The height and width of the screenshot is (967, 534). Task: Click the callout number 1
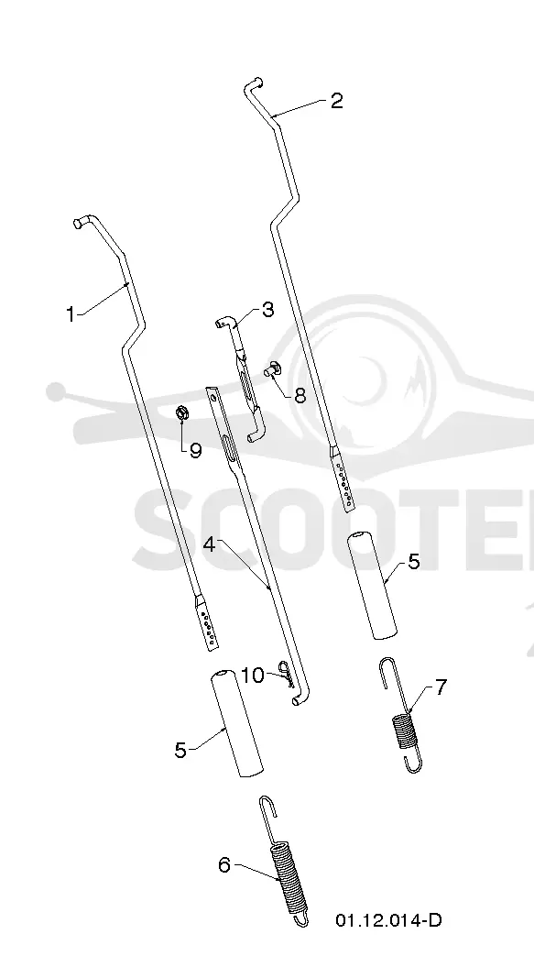(71, 314)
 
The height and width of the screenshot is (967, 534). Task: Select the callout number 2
(336, 101)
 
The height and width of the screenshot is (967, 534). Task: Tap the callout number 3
(267, 310)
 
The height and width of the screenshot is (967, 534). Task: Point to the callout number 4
(210, 545)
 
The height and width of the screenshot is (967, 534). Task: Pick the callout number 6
(224, 865)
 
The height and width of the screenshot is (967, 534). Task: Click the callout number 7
(441, 687)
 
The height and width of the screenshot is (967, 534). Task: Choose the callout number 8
(300, 395)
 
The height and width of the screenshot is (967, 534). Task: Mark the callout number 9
(195, 451)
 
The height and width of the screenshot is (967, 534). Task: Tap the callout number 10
(252, 676)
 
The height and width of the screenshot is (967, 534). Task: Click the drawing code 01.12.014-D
(388, 921)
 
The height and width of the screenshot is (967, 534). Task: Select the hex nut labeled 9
(181, 413)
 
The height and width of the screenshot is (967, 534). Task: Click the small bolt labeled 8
(273, 370)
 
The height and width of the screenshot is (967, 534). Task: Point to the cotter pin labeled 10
(286, 673)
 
